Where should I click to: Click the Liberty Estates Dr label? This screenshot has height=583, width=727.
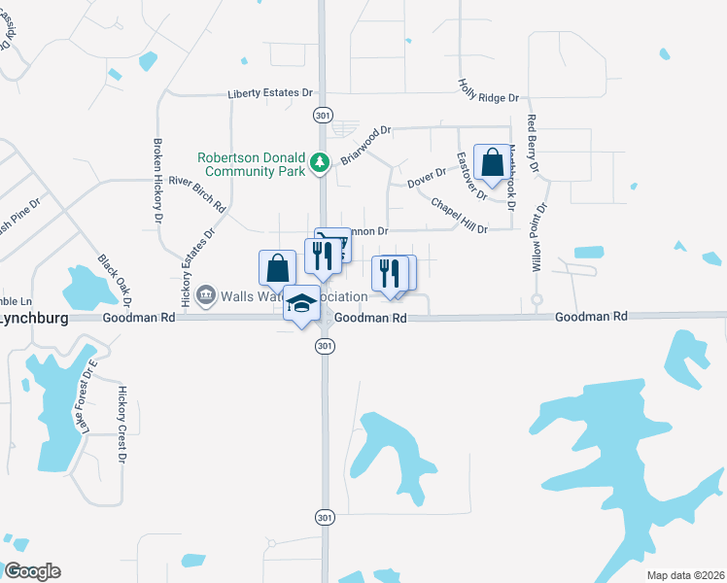(270, 93)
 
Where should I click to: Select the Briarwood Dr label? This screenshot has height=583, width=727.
(364, 145)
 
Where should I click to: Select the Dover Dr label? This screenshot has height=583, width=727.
(426, 178)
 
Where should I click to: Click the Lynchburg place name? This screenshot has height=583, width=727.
(31, 317)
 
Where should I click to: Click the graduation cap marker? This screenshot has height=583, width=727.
(301, 305)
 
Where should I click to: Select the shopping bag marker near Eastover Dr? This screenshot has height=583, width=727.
(493, 163)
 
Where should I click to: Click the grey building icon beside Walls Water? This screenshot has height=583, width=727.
(205, 295)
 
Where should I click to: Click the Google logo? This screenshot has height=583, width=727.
(31, 571)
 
